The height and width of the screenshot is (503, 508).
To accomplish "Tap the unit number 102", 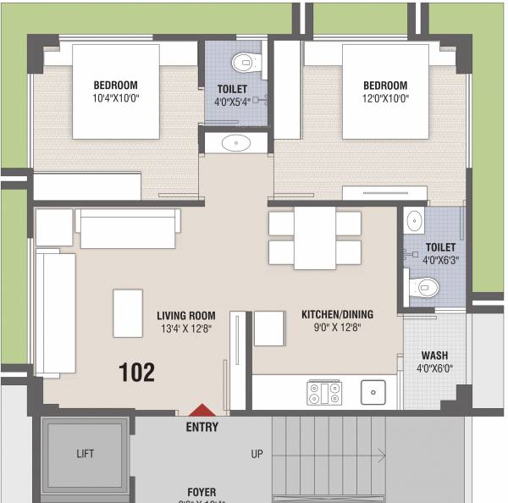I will (137, 372).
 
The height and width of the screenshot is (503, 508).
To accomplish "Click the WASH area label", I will (434, 356).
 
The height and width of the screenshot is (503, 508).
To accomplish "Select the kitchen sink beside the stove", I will (372, 392).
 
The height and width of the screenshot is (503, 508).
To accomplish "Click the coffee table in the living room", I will (128, 312).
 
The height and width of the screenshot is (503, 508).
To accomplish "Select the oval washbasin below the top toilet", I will (235, 143).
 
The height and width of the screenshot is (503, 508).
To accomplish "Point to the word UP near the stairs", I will (257, 455).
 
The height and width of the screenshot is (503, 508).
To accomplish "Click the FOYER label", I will (202, 492).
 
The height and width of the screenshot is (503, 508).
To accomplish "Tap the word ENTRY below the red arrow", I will (202, 428).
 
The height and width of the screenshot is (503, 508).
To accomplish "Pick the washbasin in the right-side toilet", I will (413, 222).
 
